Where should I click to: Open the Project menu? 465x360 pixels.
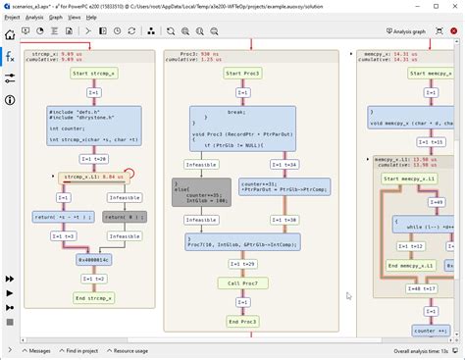tap(13, 17)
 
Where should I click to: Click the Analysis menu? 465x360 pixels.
tap(35, 17)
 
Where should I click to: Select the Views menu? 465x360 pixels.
tap(75, 17)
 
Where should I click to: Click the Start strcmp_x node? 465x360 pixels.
tap(94, 74)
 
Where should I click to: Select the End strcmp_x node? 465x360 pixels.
tap(94, 297)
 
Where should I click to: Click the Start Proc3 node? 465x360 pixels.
tap(232, 74)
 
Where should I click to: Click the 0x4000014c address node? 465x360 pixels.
tap(94, 260)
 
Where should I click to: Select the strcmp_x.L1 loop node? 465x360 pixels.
tap(91, 177)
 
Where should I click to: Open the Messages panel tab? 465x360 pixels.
tap(36, 350)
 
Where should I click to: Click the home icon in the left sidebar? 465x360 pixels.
tap(10, 34)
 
